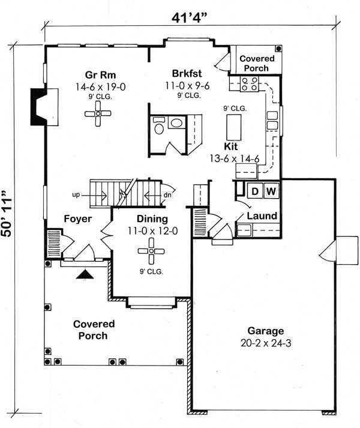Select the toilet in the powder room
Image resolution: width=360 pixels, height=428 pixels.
pos(159,127)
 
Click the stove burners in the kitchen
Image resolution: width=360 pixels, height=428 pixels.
pos(249,86)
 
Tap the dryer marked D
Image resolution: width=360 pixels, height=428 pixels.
pos(254,191)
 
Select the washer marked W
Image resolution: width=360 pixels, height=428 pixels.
pos(271,191)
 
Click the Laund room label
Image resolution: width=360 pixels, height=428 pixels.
pos(262,216)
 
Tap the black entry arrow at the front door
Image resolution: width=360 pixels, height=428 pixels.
pos(86,274)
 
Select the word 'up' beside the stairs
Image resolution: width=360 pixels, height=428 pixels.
pos(76,195)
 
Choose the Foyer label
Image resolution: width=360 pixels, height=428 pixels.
pos(77,219)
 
